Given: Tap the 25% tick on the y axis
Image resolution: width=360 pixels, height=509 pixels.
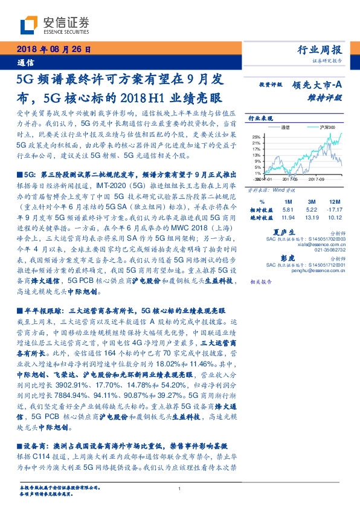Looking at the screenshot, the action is click(x=256, y=137).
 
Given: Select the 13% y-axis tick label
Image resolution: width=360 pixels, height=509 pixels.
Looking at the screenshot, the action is click(x=256, y=155).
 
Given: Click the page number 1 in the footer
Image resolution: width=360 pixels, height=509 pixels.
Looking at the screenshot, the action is click(x=180, y=488).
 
